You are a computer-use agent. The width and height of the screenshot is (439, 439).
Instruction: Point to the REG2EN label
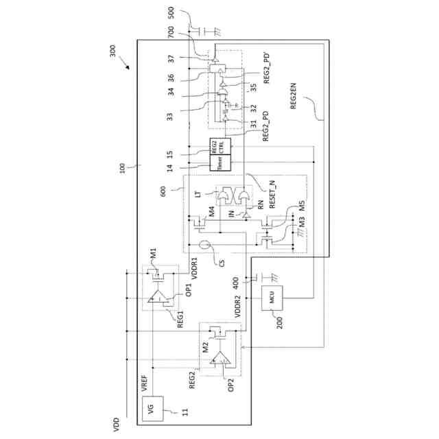pos(294,97)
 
